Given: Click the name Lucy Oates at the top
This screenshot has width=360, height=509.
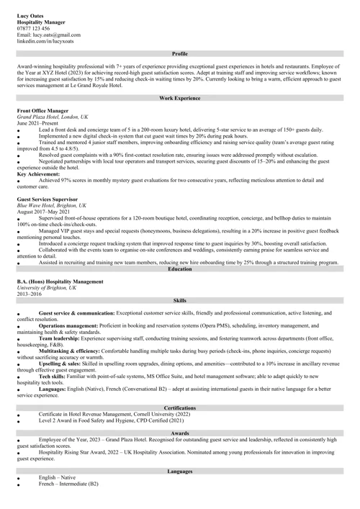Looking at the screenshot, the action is (29, 15).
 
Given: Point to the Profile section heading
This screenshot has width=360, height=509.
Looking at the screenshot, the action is (180, 54).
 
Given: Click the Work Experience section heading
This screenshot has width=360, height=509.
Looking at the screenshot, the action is (180, 97).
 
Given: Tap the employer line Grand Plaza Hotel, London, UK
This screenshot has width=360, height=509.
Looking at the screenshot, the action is (53, 117).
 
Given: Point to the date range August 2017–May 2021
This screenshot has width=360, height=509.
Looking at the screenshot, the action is (44, 211).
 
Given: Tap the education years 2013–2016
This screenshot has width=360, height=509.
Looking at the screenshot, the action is (30, 294).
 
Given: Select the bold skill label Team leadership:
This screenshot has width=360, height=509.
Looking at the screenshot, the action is (59, 338).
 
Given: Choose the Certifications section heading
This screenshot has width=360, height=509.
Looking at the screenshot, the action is (180, 408).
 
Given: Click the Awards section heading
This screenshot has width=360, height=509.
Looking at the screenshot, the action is (180, 433).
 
